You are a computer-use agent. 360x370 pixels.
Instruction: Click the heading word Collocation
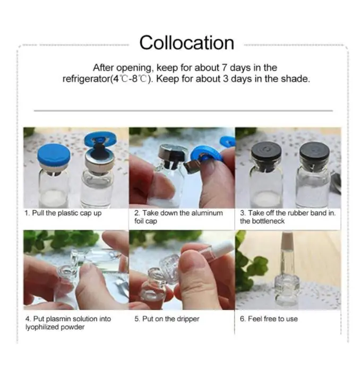[x=186, y=43]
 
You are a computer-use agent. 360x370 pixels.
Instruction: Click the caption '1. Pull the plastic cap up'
[x=63, y=213]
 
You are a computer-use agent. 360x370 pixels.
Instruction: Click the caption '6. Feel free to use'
[x=269, y=319]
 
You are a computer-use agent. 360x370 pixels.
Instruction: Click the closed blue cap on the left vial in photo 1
[x=54, y=156]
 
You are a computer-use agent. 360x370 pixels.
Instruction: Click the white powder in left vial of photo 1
[x=53, y=199]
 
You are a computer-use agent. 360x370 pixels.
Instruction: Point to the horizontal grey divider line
[x=183, y=110]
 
